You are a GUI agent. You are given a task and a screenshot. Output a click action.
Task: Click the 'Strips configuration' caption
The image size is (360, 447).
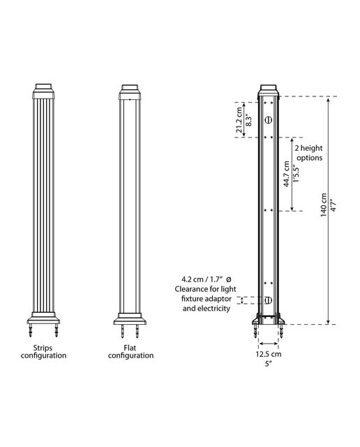point(43,352)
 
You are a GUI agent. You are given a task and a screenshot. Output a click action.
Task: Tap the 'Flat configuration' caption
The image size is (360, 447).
point(130,352)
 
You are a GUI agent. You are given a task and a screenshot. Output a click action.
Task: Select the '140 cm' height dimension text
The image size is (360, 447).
point(324,205)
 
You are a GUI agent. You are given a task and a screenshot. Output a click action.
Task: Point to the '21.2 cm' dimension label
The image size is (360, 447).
point(240,119)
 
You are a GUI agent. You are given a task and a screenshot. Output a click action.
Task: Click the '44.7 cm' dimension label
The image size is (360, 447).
point(287,174)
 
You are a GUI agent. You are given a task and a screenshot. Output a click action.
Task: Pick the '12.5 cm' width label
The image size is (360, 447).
point(269,354)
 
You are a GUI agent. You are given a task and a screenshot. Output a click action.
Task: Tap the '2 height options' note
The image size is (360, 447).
point(309,153)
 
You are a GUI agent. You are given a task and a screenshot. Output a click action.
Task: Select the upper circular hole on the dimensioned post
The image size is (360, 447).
point(268,120)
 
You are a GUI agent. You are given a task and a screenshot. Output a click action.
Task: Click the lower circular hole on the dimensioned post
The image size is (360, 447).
point(269,300)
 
